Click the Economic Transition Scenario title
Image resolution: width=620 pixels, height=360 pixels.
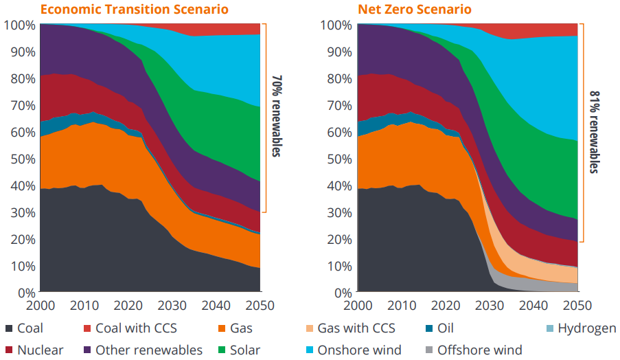[133, 10]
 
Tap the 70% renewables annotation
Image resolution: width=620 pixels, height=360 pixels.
[277, 116]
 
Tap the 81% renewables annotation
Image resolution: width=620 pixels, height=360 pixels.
[594, 131]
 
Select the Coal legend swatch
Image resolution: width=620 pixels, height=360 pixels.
[8, 329]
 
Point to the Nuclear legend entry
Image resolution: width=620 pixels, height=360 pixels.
[34, 350]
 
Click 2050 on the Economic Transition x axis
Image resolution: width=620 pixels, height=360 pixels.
[260, 304]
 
